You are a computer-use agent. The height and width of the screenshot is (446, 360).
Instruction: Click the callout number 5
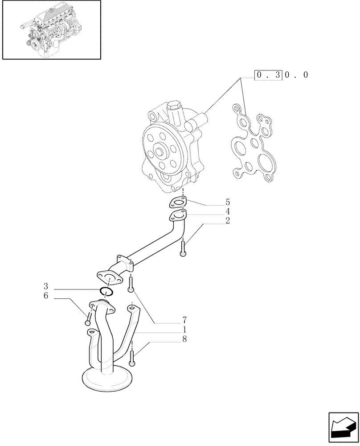point(227,202)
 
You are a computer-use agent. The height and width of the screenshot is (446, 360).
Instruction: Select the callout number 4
point(227,211)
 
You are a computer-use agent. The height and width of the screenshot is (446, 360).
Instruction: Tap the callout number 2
point(227,220)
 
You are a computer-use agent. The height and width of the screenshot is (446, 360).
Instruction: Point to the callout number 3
point(46,286)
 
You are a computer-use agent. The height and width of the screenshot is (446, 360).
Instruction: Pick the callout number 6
point(46,296)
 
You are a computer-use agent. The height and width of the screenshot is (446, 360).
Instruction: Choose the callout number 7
point(184,320)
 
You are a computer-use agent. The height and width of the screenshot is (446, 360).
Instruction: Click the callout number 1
point(184,329)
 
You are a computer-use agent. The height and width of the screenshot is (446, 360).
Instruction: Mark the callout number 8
point(184,339)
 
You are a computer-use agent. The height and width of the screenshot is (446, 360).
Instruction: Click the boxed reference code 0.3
point(268,75)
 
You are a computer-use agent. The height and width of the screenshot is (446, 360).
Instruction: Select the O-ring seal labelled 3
point(106,292)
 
